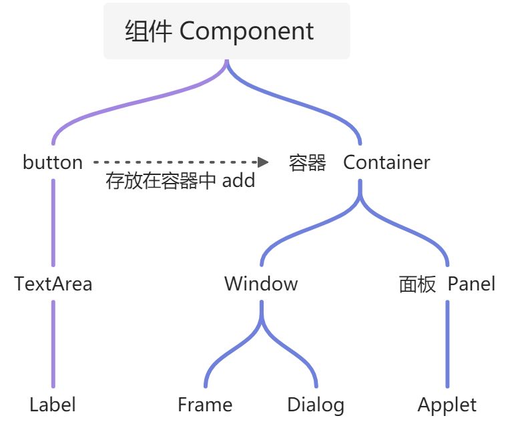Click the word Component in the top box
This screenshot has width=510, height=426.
click(x=247, y=31)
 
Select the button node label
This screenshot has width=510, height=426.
click(x=53, y=162)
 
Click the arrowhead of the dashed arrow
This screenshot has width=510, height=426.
click(x=262, y=162)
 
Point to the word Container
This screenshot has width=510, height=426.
click(x=387, y=162)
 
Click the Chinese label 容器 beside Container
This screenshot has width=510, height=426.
click(x=308, y=162)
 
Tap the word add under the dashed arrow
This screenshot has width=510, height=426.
click(x=239, y=180)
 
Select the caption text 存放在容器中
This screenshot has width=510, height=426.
click(x=161, y=180)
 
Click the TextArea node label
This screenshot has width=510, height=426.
click(x=53, y=284)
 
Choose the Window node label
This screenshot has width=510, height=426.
click(x=261, y=284)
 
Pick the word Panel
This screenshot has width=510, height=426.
click(x=471, y=284)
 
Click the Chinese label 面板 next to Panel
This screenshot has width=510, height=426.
click(x=417, y=284)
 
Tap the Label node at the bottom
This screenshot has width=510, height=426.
click(x=53, y=405)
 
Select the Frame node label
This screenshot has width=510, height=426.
click(x=205, y=405)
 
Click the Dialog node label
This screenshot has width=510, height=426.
click(x=316, y=405)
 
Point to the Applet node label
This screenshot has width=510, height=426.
click(x=447, y=405)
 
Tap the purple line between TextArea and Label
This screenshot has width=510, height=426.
click(x=53, y=344)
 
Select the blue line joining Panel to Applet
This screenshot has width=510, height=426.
click(x=447, y=344)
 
